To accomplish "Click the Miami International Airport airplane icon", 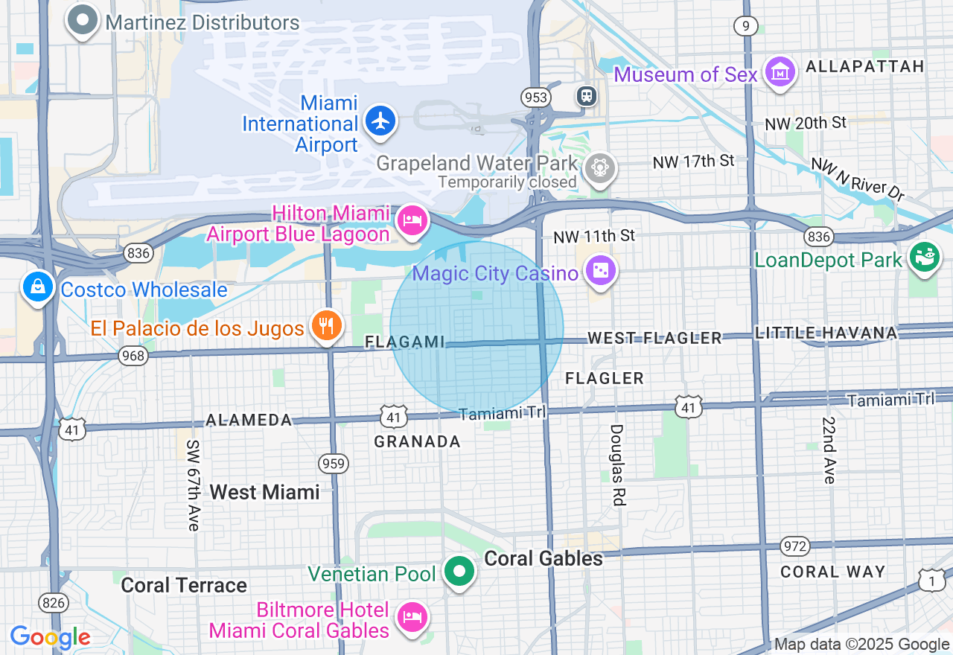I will point(381,121).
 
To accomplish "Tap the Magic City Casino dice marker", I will point(600,271).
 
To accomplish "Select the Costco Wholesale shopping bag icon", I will point(37,287).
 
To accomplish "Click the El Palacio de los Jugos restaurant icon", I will point(326,325).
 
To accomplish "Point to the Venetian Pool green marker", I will point(459,572).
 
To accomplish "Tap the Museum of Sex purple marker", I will point(780,72).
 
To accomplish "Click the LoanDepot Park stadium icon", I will point(924,258).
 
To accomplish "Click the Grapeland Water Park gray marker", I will point(599,167).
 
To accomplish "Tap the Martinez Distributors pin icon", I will point(82,20).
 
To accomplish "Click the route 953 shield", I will point(535,98).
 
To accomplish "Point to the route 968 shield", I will point(133,356).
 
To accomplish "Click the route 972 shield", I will point(795,546).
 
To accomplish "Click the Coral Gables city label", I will point(544,559).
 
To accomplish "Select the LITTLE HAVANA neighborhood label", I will point(826,333).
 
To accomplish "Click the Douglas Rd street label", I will point(616,465).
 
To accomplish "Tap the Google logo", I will point(50,638).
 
